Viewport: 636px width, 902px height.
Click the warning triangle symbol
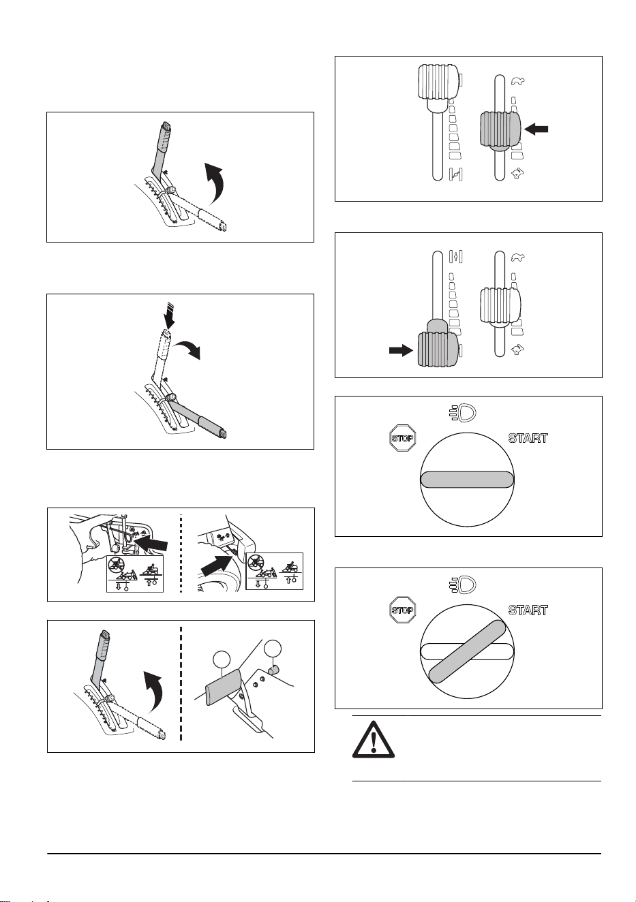pos(374,743)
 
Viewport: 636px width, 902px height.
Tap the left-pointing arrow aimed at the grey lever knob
pos(536,129)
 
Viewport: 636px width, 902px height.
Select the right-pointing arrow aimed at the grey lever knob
pos(401,350)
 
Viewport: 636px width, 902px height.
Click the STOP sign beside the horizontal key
pos(402,437)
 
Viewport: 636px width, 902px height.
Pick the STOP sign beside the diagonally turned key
pos(402,610)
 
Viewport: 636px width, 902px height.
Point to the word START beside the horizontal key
pos(528,438)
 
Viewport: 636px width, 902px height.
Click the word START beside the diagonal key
pos(528,610)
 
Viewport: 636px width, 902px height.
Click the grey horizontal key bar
pos(467,480)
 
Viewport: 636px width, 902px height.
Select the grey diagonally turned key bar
pos(467,651)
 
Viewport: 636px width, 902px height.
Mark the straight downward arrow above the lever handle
pos(169,317)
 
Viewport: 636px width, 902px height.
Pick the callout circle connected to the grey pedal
pos(222,659)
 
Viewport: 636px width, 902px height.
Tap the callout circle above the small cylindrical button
pos(273,647)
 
